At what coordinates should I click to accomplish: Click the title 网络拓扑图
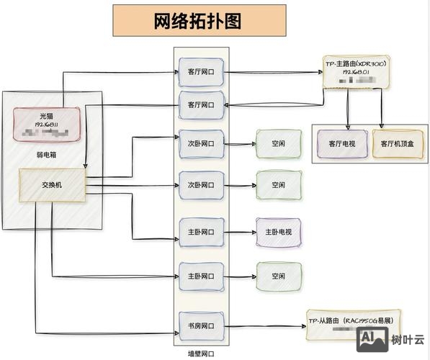[199, 21]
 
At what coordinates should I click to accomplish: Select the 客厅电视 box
[342, 143]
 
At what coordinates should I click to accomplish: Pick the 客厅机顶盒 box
[398, 143]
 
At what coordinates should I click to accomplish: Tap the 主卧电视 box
[278, 232]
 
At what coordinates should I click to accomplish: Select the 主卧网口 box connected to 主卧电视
[201, 232]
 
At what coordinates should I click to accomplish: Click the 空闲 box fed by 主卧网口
[278, 275]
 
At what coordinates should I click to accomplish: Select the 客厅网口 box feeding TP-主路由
[201, 72]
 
